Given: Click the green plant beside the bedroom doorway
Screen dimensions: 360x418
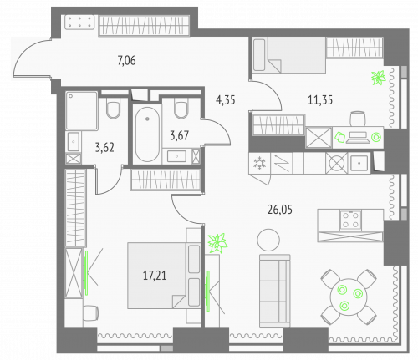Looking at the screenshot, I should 220,243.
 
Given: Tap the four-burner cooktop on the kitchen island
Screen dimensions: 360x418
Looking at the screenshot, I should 351,220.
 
